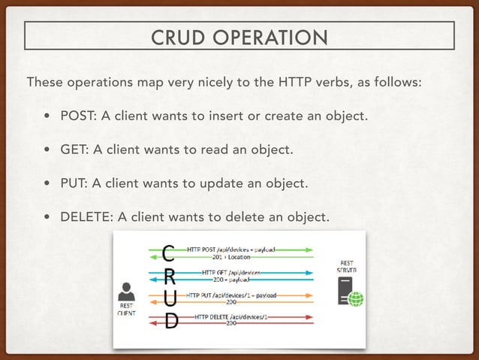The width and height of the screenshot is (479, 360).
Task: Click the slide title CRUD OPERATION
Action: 239,37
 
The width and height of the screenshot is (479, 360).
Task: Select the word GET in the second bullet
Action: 73,150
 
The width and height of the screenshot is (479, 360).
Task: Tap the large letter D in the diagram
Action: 170,321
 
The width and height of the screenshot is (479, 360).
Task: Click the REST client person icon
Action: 128,292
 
